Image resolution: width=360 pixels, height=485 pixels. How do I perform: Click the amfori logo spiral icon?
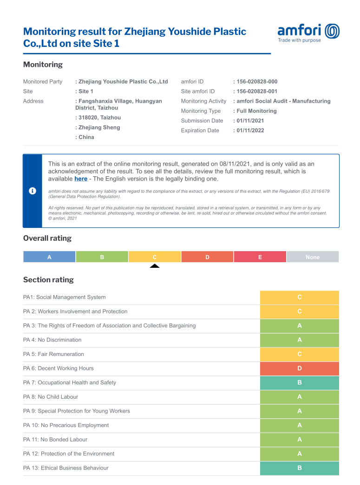pos(332,31)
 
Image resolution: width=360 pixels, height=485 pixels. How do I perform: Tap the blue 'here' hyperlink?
pos(81,179)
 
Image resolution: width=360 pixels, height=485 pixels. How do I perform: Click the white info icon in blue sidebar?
pos(33,191)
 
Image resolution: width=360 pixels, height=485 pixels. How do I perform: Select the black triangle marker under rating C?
pos(155,266)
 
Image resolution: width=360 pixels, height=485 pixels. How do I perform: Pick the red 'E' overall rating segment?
pos(260,257)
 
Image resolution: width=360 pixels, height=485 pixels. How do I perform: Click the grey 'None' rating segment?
pos(313,257)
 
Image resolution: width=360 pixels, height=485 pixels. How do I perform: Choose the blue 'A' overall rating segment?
pos(49,257)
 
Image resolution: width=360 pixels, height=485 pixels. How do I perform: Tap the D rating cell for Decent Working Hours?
pos(300,369)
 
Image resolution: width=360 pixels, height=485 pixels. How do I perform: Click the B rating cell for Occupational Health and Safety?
pos(300,382)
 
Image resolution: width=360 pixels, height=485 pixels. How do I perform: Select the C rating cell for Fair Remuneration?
pos(300,354)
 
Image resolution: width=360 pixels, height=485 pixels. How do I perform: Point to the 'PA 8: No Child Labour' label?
pos(51,397)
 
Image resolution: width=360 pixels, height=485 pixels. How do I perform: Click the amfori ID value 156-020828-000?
pos(257,82)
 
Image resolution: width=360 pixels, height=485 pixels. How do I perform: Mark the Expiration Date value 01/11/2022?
pos(250,130)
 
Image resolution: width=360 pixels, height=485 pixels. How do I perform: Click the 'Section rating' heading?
pos(48,279)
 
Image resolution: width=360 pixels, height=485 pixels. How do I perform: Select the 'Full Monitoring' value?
pos(256,111)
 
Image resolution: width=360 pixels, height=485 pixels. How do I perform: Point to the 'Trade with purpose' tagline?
pos(299,40)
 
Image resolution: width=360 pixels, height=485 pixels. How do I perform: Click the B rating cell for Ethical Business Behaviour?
pos(300,468)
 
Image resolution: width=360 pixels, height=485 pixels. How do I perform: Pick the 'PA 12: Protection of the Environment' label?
pos(69,453)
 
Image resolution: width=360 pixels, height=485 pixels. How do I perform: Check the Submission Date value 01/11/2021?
pos(250,121)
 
